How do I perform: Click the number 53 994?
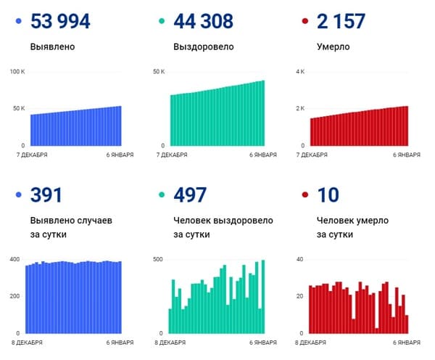[60, 21]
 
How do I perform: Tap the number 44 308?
[204, 21]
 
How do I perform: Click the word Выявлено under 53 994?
[53, 47]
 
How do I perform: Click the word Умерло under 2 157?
[333, 47]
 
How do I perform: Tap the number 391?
[46, 195]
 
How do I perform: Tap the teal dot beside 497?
[161, 195]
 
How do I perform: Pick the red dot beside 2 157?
[304, 22]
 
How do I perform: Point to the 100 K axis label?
[17, 71]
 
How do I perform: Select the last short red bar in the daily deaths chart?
[407, 324]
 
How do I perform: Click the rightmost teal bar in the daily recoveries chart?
[262, 296]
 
